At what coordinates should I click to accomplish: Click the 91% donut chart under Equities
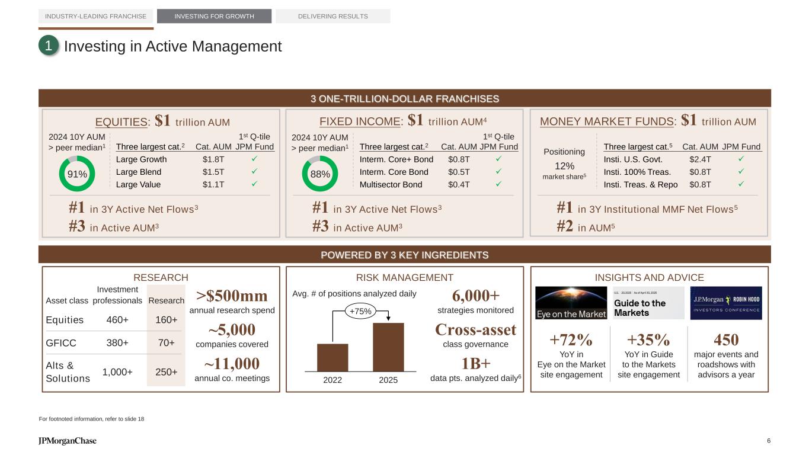78,174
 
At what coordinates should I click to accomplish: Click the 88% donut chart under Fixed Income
321,174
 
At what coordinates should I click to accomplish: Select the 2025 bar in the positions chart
388,347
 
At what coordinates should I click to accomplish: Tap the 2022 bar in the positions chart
332,357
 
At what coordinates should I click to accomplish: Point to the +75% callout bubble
360,312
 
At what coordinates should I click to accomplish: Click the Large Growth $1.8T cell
213,159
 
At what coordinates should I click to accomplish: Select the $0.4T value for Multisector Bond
459,184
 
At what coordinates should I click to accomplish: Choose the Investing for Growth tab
214,16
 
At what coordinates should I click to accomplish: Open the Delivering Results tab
333,16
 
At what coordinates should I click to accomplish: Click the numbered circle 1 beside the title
49,46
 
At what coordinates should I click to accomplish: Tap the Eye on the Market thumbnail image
571,303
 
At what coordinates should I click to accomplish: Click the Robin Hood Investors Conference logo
726,303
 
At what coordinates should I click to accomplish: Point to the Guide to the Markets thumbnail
648,303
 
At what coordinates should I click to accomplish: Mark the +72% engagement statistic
571,340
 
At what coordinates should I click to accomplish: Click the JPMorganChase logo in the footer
68,441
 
